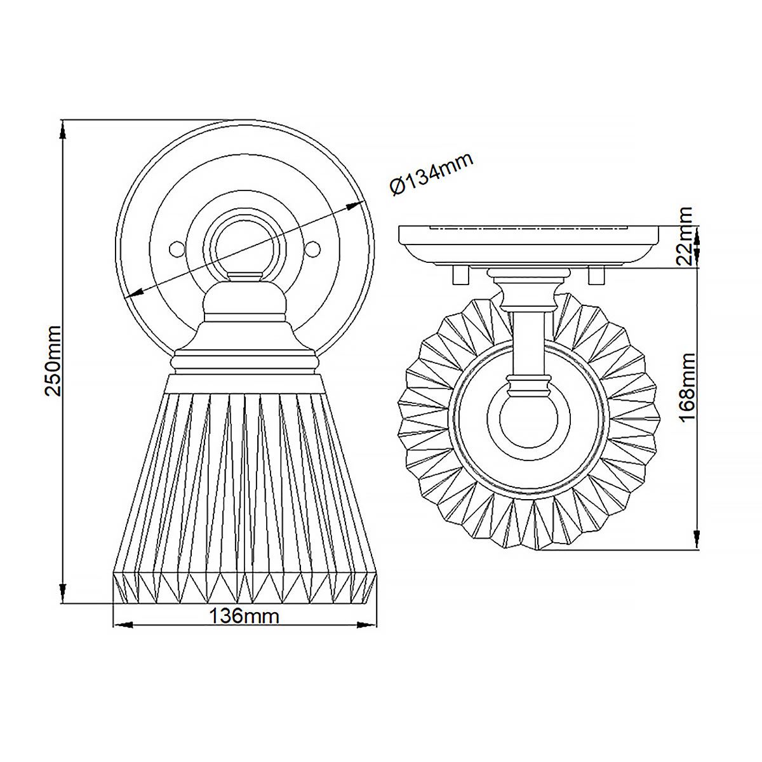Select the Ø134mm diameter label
(432, 175)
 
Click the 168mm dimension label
(686, 389)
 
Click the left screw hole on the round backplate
(177, 248)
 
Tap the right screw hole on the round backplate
(312, 248)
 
